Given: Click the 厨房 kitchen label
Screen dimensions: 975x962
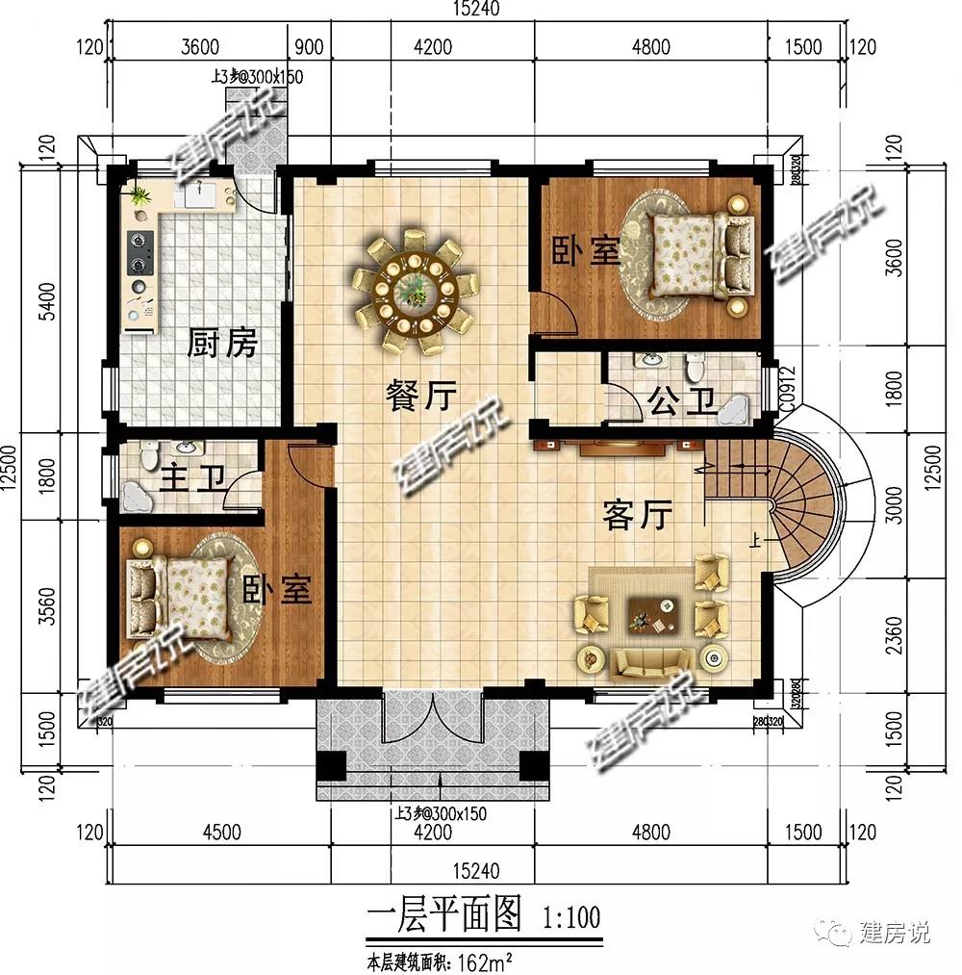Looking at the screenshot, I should tap(222, 343).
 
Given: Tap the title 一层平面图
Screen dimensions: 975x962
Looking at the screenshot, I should tap(443, 913).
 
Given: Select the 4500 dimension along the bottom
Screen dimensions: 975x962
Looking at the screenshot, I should tap(221, 833).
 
